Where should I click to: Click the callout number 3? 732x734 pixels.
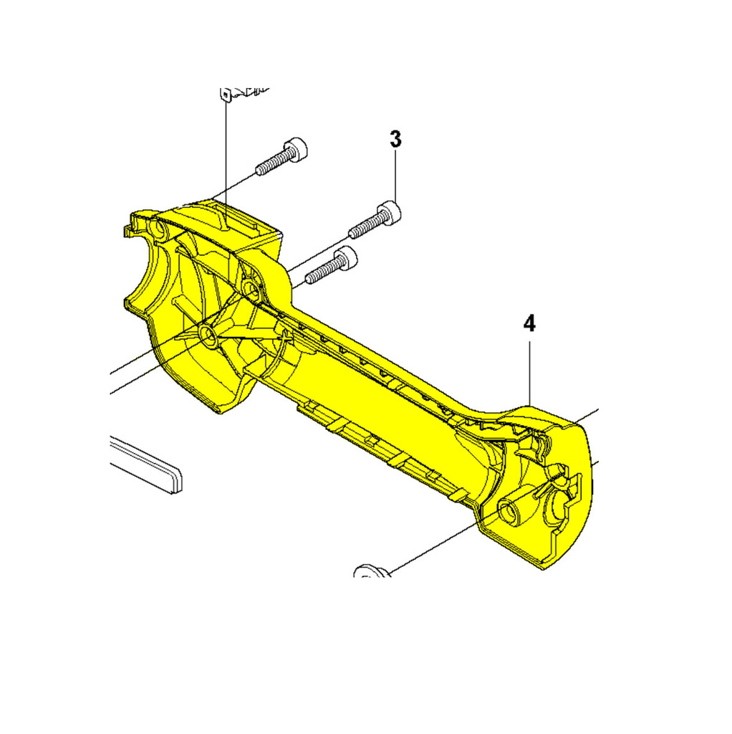point(395,140)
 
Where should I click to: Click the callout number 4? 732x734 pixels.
point(529,323)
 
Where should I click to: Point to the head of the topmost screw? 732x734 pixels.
point(296,149)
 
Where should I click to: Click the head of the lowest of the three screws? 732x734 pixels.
point(346,257)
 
